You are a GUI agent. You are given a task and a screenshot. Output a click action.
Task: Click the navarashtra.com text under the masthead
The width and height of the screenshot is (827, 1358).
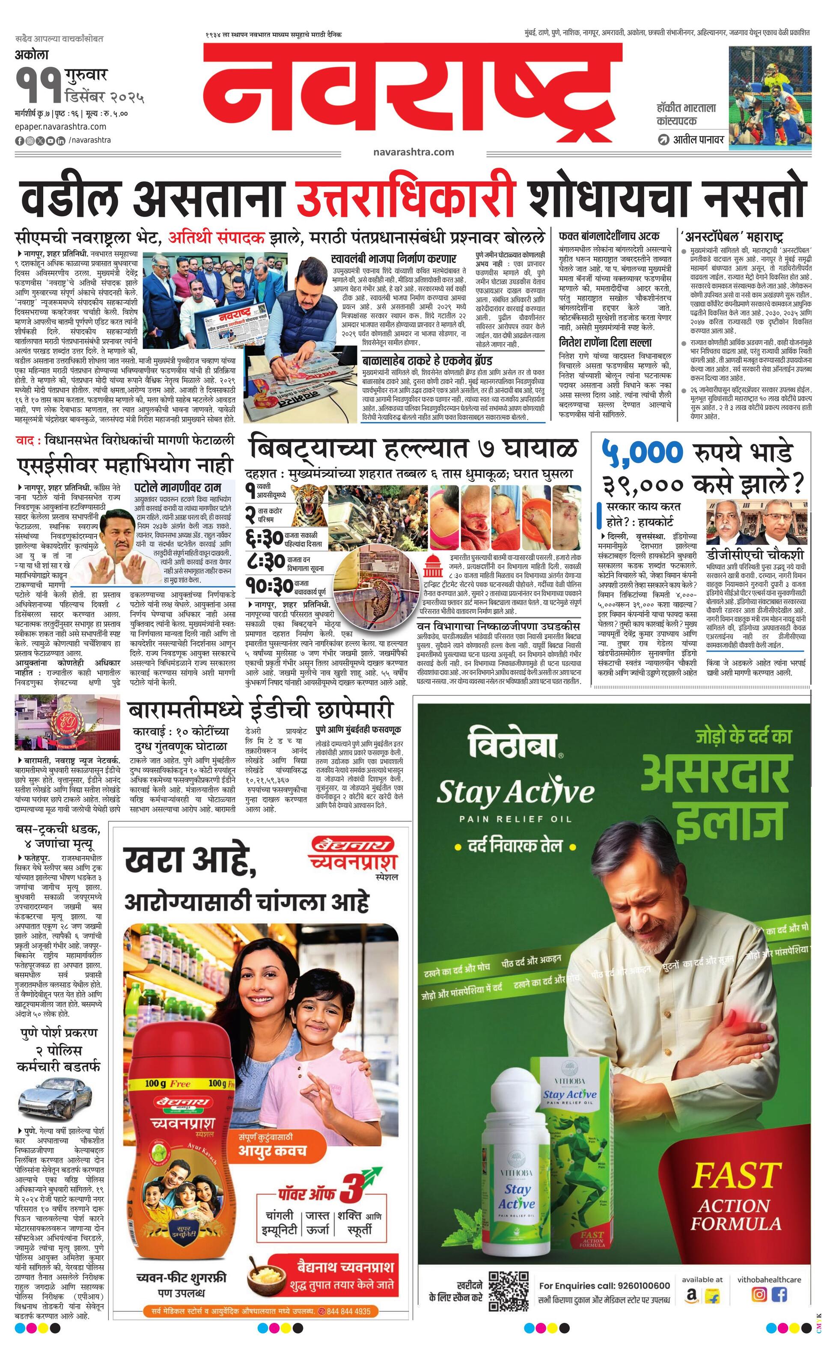click(413, 152)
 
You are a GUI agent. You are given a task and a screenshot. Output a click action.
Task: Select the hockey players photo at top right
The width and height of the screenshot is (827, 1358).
click(770, 98)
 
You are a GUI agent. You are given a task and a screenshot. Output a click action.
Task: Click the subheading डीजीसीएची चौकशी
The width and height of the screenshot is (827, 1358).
click(756, 554)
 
